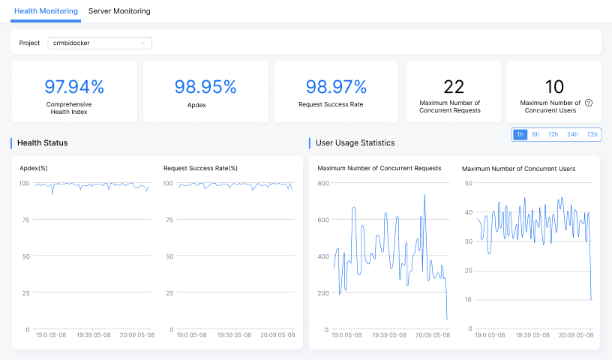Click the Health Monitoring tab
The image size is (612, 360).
[x=46, y=11]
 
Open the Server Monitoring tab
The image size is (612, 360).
[x=119, y=11]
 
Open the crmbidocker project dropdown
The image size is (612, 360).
[x=99, y=43]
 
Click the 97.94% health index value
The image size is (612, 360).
[x=74, y=87]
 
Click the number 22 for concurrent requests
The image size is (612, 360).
[x=454, y=87]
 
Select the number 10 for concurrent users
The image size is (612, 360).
[x=554, y=87]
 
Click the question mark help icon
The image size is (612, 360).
[x=589, y=103]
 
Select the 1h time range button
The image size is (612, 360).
[x=520, y=134]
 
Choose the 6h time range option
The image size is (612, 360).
[x=535, y=134]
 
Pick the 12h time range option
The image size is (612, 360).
[x=553, y=134]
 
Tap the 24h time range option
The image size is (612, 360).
[x=572, y=134]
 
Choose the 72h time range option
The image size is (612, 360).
[x=592, y=134]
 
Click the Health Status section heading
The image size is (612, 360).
[x=42, y=142]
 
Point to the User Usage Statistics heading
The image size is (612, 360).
[x=355, y=142]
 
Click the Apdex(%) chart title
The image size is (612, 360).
[x=34, y=168]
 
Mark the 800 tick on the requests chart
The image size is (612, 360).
[x=323, y=183]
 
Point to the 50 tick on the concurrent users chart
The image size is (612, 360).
[x=468, y=183]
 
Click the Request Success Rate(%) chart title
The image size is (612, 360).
[x=200, y=168]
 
